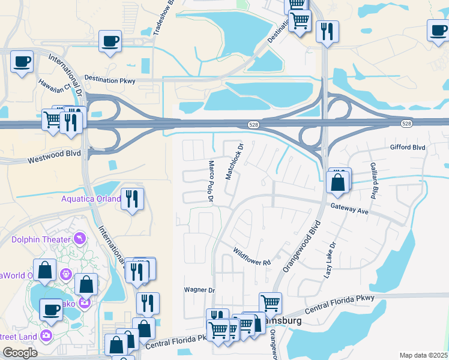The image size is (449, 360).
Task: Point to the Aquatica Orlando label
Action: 91,199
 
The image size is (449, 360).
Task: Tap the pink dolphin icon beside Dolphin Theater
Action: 79,239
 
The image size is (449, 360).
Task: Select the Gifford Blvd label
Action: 408,147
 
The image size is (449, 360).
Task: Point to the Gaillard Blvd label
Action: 373,181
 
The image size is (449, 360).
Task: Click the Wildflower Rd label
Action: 252,257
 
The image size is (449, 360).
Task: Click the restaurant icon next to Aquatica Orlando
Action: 132,199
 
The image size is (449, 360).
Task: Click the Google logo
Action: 20,353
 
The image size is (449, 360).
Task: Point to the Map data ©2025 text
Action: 423,355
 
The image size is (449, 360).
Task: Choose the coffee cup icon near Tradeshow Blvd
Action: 110,41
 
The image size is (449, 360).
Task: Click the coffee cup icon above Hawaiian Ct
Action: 22,61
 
